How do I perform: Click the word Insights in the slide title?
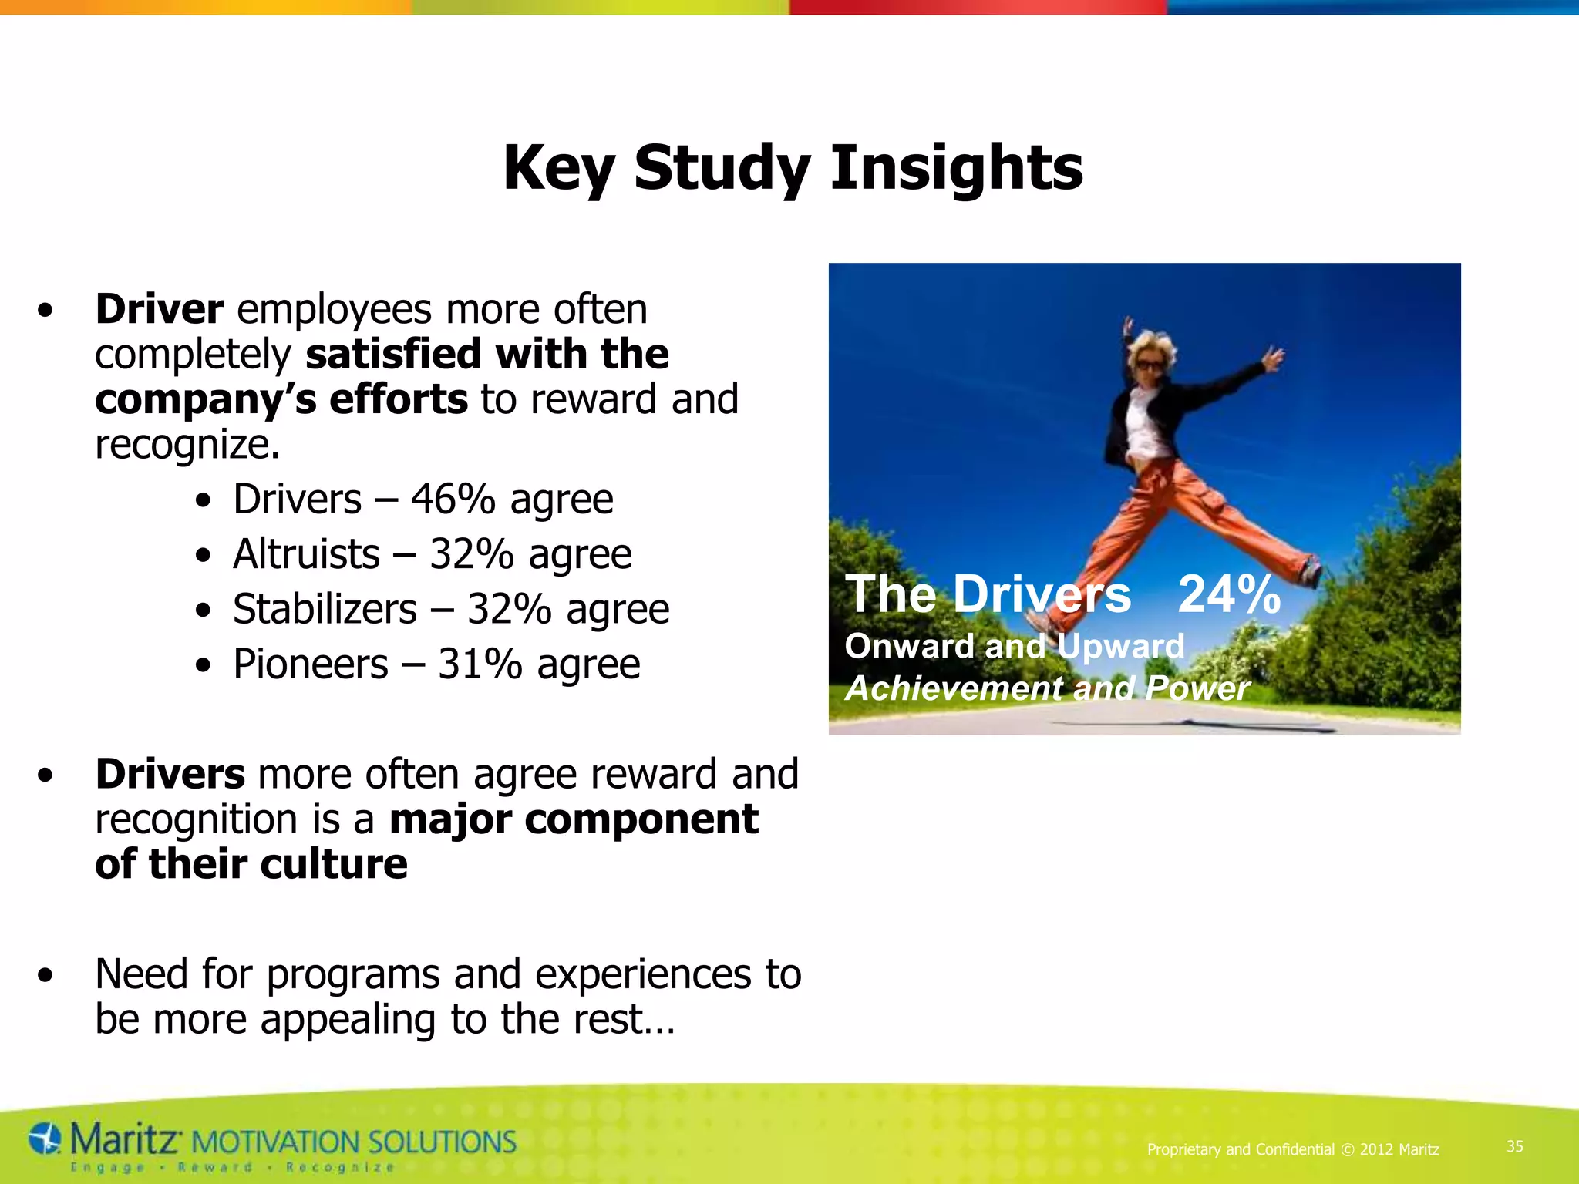(x=956, y=168)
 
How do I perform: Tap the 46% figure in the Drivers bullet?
(x=453, y=499)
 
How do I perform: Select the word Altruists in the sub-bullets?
(x=306, y=554)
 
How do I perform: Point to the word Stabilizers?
(x=325, y=610)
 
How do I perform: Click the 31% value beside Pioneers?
(x=480, y=664)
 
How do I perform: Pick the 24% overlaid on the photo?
(x=1229, y=594)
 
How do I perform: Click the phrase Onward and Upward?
(x=1014, y=646)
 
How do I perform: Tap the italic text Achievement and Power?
(x=1046, y=688)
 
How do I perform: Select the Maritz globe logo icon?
(x=45, y=1139)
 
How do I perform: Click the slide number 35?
(x=1514, y=1146)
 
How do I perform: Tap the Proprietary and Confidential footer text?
(x=1292, y=1149)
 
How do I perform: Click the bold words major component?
(x=574, y=819)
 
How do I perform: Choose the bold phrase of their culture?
(x=251, y=864)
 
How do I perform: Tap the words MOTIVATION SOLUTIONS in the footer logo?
(x=352, y=1142)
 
